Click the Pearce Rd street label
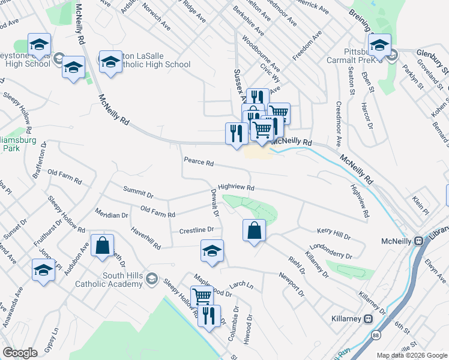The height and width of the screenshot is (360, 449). [x=199, y=163]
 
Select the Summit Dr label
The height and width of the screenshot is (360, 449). [x=138, y=192]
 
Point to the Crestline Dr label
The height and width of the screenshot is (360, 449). [x=196, y=230]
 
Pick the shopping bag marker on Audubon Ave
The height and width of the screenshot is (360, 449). [x=103, y=245]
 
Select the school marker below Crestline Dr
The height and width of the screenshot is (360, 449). [x=212, y=251]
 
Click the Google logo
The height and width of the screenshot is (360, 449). [x=20, y=353]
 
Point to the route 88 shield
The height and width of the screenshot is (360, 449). [x=376, y=333]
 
